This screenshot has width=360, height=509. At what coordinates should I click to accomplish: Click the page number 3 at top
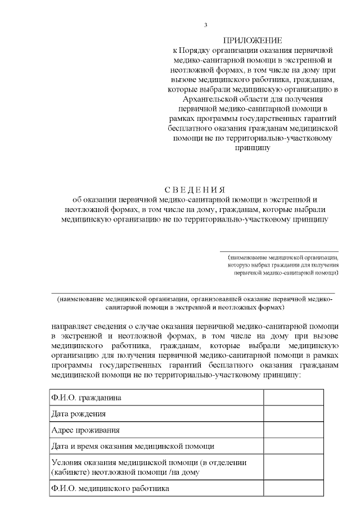(x=206, y=25)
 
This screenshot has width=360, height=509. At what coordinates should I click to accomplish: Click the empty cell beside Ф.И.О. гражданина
(x=294, y=398)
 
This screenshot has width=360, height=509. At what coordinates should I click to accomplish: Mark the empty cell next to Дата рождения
(x=294, y=414)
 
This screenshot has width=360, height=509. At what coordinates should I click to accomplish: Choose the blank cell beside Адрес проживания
(x=294, y=430)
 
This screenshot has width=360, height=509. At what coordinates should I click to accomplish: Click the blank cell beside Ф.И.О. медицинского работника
(x=294, y=489)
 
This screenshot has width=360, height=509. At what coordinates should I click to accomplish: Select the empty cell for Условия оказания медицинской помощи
(x=294, y=467)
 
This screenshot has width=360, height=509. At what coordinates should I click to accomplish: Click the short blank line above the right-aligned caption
(x=279, y=251)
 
